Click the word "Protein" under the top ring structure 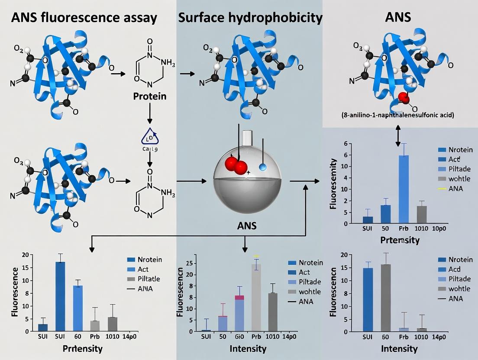tap(149, 96)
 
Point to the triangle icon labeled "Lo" tap(149, 137)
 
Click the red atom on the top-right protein tap(404, 98)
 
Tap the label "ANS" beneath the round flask tap(247, 225)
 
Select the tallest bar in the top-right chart tap(404, 189)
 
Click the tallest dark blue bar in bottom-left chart tap(60, 296)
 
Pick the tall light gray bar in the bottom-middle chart tap(256, 297)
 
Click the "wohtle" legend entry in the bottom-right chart tap(459, 289)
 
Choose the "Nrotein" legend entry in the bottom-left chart tap(149, 260)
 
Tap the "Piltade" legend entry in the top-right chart tap(459, 169)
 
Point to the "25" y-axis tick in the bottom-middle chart tap(189, 263)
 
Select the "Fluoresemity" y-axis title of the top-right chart tap(333, 183)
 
